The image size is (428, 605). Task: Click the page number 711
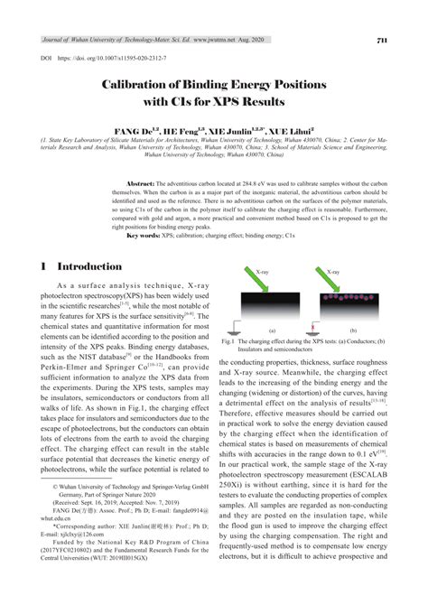click(382, 40)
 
